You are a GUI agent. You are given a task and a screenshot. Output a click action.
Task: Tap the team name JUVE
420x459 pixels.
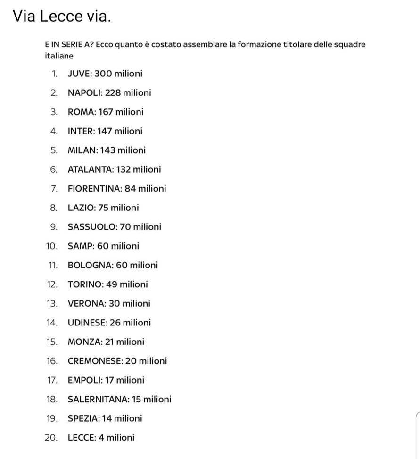[x=79, y=74]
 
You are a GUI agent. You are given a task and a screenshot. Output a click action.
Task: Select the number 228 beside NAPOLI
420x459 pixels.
[x=113, y=93]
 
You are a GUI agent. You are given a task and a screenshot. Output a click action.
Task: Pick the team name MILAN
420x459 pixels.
[x=82, y=150]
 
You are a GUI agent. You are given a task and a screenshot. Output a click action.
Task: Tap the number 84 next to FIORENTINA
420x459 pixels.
[x=130, y=189]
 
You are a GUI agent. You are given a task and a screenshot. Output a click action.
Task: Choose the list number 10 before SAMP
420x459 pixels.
[x=52, y=246]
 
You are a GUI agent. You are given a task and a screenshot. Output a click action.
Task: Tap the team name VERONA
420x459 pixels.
[x=87, y=304]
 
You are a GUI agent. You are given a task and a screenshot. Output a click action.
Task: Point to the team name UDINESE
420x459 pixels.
[x=87, y=323]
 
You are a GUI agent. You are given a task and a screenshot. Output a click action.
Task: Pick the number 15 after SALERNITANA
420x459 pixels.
[x=136, y=400]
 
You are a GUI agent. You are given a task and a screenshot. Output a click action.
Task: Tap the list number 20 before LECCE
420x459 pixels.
[x=51, y=438]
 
